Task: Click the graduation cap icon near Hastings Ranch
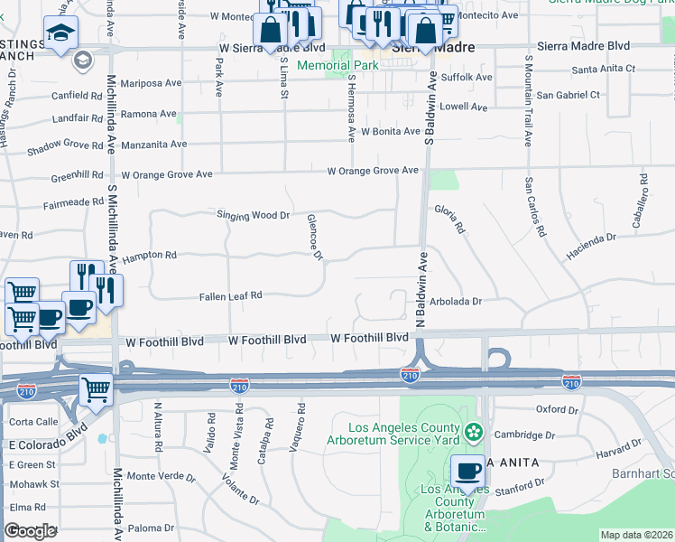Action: click(61, 33)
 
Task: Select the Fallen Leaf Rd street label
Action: click(231, 295)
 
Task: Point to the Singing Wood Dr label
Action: click(253, 215)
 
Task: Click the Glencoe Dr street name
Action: click(314, 237)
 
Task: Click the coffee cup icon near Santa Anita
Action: click(468, 471)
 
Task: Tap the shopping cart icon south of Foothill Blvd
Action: click(96, 390)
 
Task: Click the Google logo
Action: click(30, 531)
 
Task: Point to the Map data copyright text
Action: click(636, 535)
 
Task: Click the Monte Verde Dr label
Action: click(162, 476)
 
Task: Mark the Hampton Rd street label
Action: click(151, 256)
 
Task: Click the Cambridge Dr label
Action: click(524, 435)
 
